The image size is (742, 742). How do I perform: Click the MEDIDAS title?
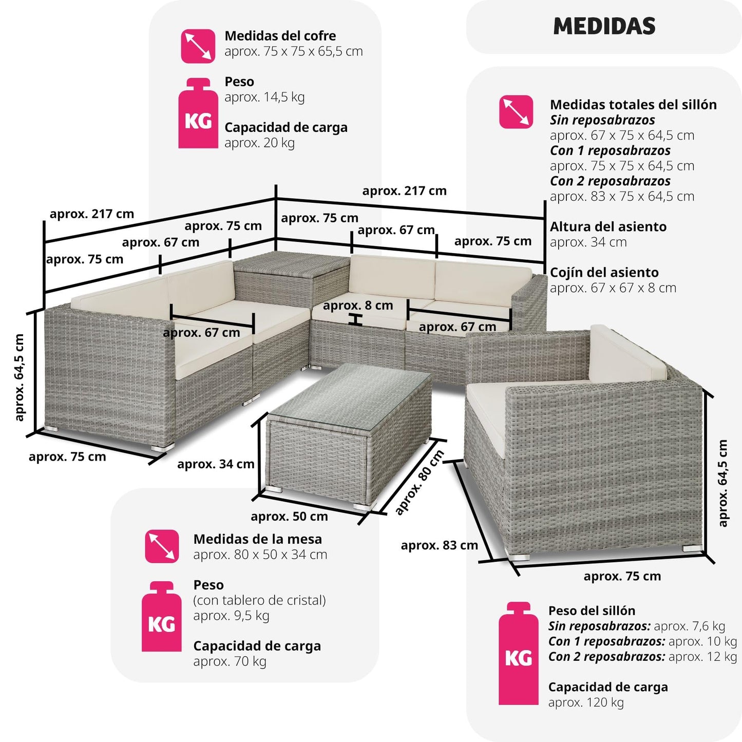pos(604,26)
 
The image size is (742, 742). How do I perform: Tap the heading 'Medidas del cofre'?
pos(280,36)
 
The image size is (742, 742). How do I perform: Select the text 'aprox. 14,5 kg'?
pos(264,97)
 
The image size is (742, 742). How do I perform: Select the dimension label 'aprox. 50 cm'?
pos(289,517)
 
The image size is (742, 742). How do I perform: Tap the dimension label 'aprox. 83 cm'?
pos(440,545)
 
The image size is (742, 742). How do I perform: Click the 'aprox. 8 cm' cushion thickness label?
pos(358,306)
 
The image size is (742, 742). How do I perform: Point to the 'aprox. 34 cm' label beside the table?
pos(216,464)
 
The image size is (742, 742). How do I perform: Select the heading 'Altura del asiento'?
pos(608,227)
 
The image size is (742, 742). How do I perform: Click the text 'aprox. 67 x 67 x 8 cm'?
pos(613,288)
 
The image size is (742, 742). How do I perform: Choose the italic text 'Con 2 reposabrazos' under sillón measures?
pos(610,181)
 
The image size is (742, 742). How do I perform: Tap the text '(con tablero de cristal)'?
pos(259,600)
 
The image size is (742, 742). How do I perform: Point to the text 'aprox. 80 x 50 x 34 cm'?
pos(260,555)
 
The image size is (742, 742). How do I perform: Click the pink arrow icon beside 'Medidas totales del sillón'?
pos(516,111)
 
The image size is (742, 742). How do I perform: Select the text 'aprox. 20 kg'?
pos(259,143)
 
